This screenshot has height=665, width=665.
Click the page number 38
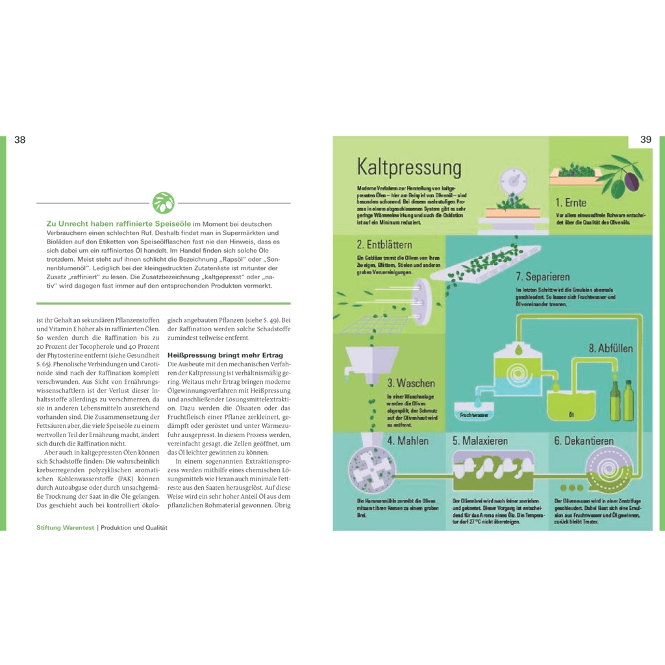20,140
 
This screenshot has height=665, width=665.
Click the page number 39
646,140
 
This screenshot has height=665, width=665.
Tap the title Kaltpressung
409,168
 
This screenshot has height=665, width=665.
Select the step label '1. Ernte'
571,203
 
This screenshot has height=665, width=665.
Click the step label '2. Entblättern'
384,245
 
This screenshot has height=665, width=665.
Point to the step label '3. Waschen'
411,383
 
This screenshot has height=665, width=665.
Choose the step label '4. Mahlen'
408,441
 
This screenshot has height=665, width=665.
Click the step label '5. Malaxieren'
481,441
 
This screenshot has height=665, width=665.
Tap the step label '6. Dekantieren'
584,441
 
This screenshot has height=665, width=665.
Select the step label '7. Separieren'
543,277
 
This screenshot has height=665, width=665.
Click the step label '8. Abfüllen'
610,348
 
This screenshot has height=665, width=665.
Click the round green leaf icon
163,203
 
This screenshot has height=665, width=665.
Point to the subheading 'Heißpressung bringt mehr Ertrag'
225,355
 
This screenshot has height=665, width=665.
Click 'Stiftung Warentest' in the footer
66,528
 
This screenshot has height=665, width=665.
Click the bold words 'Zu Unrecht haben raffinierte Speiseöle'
118,223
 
